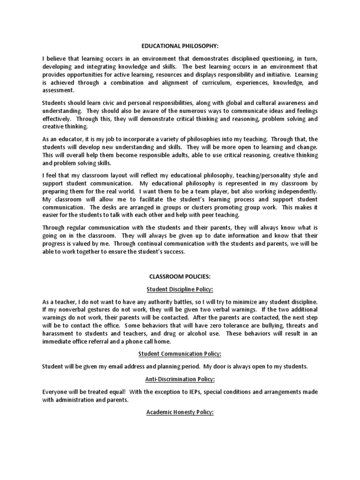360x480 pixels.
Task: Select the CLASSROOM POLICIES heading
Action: [180, 277]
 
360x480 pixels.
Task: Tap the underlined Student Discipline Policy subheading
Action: [180, 289]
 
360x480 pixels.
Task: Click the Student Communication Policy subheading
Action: [180, 353]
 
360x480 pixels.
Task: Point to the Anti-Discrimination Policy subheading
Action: [180, 379]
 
